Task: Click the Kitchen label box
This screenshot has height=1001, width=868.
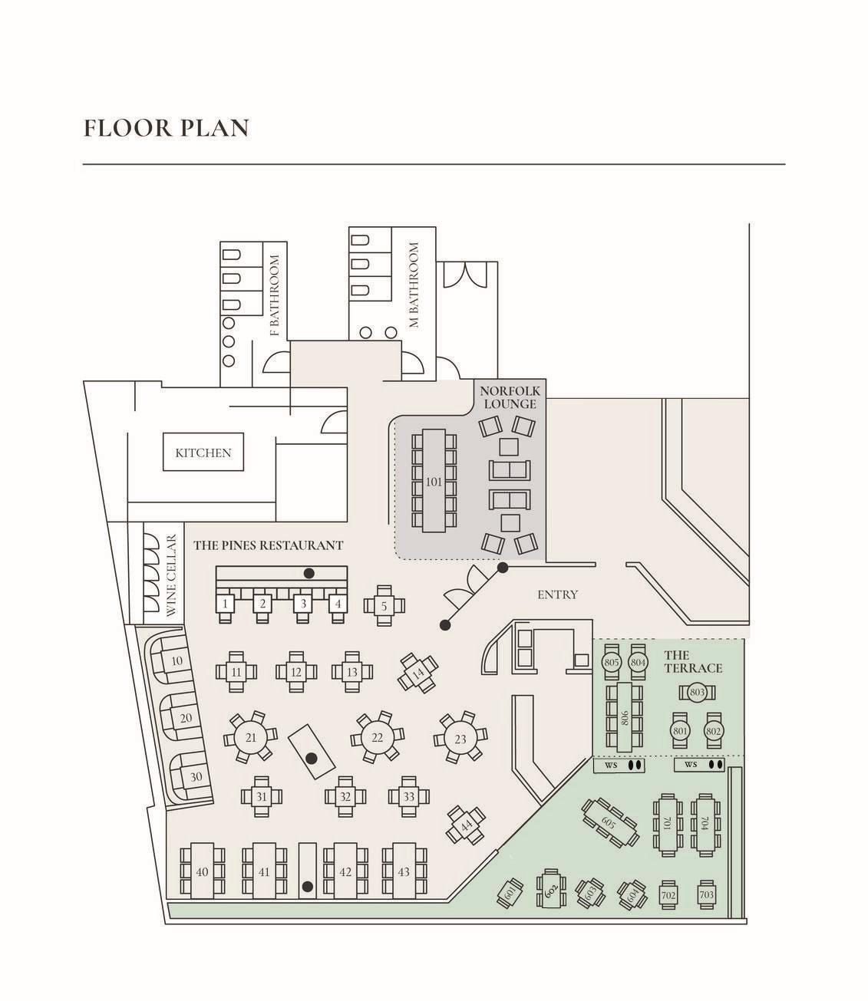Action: pos(203,452)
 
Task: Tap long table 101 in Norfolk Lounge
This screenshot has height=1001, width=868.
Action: pos(434,480)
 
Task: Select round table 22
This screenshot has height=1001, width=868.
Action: pos(377,737)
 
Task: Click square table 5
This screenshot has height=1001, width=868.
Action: pos(384,606)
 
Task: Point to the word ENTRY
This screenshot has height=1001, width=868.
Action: pos(557,594)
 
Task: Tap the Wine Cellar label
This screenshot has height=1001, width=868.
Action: pos(171,575)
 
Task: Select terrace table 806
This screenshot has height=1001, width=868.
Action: pos(624,717)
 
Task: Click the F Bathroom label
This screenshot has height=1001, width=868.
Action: pos(275,295)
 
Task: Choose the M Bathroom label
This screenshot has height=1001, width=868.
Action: pos(414,285)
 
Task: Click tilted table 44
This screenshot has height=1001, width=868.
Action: pos(466,825)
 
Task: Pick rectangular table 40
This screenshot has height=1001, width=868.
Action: pos(202,871)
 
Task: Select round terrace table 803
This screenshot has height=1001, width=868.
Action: pos(697,692)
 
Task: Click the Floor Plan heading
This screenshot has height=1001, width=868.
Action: pos(167,128)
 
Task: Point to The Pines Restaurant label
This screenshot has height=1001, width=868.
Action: pos(268,545)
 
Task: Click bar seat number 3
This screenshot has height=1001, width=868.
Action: pos(303,604)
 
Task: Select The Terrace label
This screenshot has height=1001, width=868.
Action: pos(693,661)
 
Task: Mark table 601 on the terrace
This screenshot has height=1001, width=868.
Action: pos(510,894)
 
